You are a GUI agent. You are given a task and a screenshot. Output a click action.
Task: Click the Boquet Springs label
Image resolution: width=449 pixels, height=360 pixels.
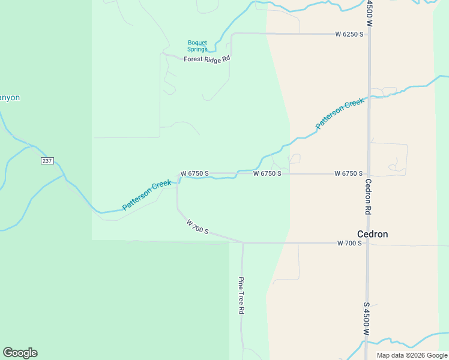(x=197, y=46)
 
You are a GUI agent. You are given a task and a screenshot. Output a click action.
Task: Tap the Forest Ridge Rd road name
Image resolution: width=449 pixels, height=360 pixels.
(x=207, y=59)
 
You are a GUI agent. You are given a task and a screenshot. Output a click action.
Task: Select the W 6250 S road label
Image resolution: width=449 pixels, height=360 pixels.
(x=349, y=34)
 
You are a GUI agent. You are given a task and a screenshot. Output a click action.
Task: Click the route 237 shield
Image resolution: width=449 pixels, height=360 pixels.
(x=47, y=161)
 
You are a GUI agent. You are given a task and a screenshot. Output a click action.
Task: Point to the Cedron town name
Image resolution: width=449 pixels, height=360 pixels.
(x=372, y=234)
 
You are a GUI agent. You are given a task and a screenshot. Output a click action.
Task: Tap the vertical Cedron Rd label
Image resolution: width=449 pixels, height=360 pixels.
(x=368, y=197)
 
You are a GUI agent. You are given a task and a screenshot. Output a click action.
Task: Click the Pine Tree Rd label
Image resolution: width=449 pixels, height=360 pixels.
(x=241, y=295)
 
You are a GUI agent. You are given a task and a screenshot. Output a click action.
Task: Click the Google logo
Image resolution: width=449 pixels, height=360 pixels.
(x=20, y=353)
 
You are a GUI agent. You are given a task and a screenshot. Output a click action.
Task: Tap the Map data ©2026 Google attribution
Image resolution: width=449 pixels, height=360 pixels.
(x=412, y=355)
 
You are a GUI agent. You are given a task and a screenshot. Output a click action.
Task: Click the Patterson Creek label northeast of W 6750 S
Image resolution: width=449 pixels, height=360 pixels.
(x=340, y=113)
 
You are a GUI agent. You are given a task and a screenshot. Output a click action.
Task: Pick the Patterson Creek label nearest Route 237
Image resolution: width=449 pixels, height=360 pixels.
(x=146, y=195)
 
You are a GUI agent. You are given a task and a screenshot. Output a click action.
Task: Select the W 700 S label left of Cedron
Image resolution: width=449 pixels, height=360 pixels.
(x=349, y=243)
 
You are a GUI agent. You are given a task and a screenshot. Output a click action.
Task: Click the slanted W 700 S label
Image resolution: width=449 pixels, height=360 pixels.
(x=197, y=226)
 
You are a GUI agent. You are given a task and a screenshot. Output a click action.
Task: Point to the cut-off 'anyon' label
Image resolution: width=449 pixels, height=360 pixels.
(x=10, y=97)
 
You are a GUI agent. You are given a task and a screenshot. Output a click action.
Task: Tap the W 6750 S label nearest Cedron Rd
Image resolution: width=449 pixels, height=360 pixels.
(x=349, y=173)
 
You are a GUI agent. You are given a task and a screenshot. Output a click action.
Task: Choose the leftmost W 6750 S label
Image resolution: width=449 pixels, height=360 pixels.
(x=194, y=173)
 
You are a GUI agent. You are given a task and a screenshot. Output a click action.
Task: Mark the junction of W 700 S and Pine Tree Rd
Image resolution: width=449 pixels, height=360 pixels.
(x=243, y=243)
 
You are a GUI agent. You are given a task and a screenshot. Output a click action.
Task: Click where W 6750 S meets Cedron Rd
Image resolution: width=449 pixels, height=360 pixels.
(x=368, y=174)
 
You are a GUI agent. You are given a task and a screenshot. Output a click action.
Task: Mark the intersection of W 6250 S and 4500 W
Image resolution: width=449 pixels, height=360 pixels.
(x=369, y=34)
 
